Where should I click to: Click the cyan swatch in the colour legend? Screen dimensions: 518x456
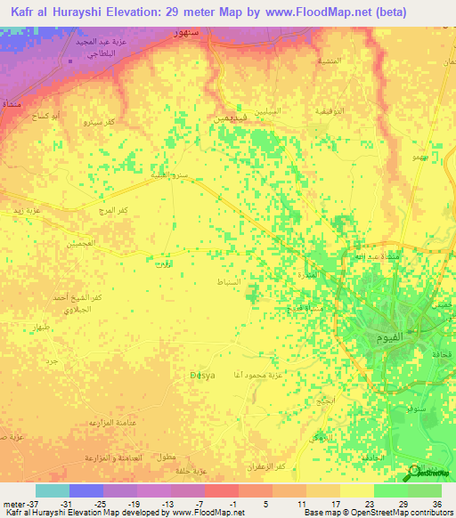tap(53, 490)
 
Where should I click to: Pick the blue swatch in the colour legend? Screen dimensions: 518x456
tap(86, 490)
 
